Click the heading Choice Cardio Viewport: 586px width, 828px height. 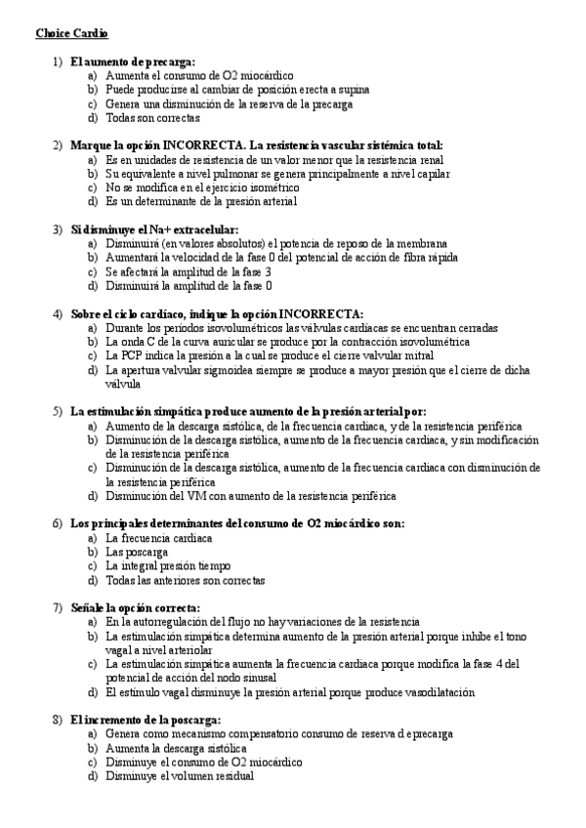click(72, 33)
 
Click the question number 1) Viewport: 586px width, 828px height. click(58, 62)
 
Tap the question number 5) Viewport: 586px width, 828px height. click(58, 412)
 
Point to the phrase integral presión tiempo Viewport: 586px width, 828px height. click(175, 565)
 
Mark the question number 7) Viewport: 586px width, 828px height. click(58, 607)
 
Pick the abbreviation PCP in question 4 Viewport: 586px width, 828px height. click(132, 356)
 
